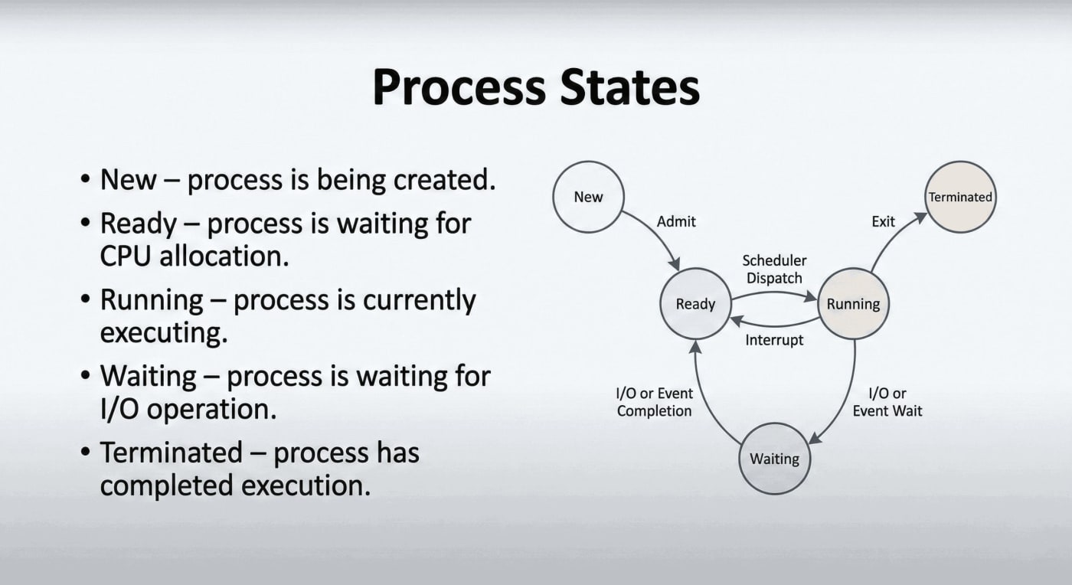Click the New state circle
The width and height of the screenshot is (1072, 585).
coord(588,197)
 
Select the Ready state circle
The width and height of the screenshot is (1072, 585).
coord(695,303)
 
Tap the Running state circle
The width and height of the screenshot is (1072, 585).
coord(853,303)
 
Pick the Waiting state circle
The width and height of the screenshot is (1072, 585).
coord(774,459)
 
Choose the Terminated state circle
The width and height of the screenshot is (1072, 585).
coord(960,197)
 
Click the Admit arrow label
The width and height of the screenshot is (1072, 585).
coord(676,221)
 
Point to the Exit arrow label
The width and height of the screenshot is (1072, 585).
coord(883,221)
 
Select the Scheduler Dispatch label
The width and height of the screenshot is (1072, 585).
coord(774,269)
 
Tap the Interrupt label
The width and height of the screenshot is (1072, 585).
coord(774,340)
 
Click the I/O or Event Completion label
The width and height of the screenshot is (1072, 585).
coord(654,402)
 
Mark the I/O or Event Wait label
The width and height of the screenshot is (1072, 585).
coord(887,402)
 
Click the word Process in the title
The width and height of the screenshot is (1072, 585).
coord(459,87)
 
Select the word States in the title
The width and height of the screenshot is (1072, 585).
coord(629,87)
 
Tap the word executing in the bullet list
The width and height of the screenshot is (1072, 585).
coord(164,333)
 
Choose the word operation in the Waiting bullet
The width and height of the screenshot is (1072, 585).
coord(211,410)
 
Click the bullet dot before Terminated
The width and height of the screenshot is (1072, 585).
coord(85,452)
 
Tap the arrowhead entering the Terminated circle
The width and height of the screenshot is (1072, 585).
coord(920,217)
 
